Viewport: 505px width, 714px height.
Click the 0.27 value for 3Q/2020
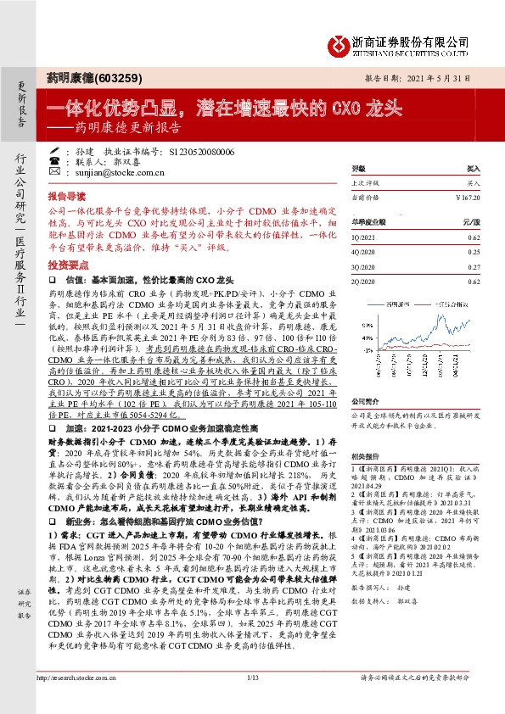click(474, 266)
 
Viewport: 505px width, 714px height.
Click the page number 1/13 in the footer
click(252, 700)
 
